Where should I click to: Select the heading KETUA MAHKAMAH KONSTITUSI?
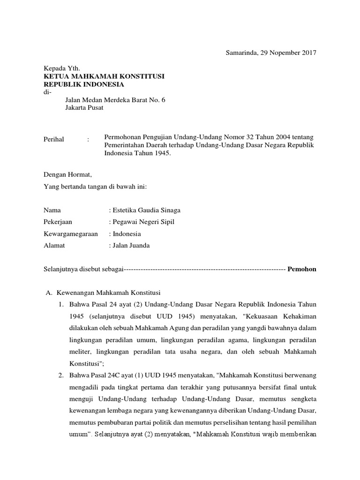click(x=104, y=76)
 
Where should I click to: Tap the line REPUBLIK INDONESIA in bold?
click(x=84, y=84)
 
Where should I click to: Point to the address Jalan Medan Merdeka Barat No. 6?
click(x=115, y=100)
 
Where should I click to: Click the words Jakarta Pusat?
click(x=84, y=108)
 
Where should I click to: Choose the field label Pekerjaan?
click(x=58, y=222)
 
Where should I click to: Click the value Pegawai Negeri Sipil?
click(x=143, y=222)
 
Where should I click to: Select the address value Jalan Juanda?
click(x=131, y=245)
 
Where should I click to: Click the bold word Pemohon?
click(x=302, y=269)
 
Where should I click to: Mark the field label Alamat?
click(x=54, y=245)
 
